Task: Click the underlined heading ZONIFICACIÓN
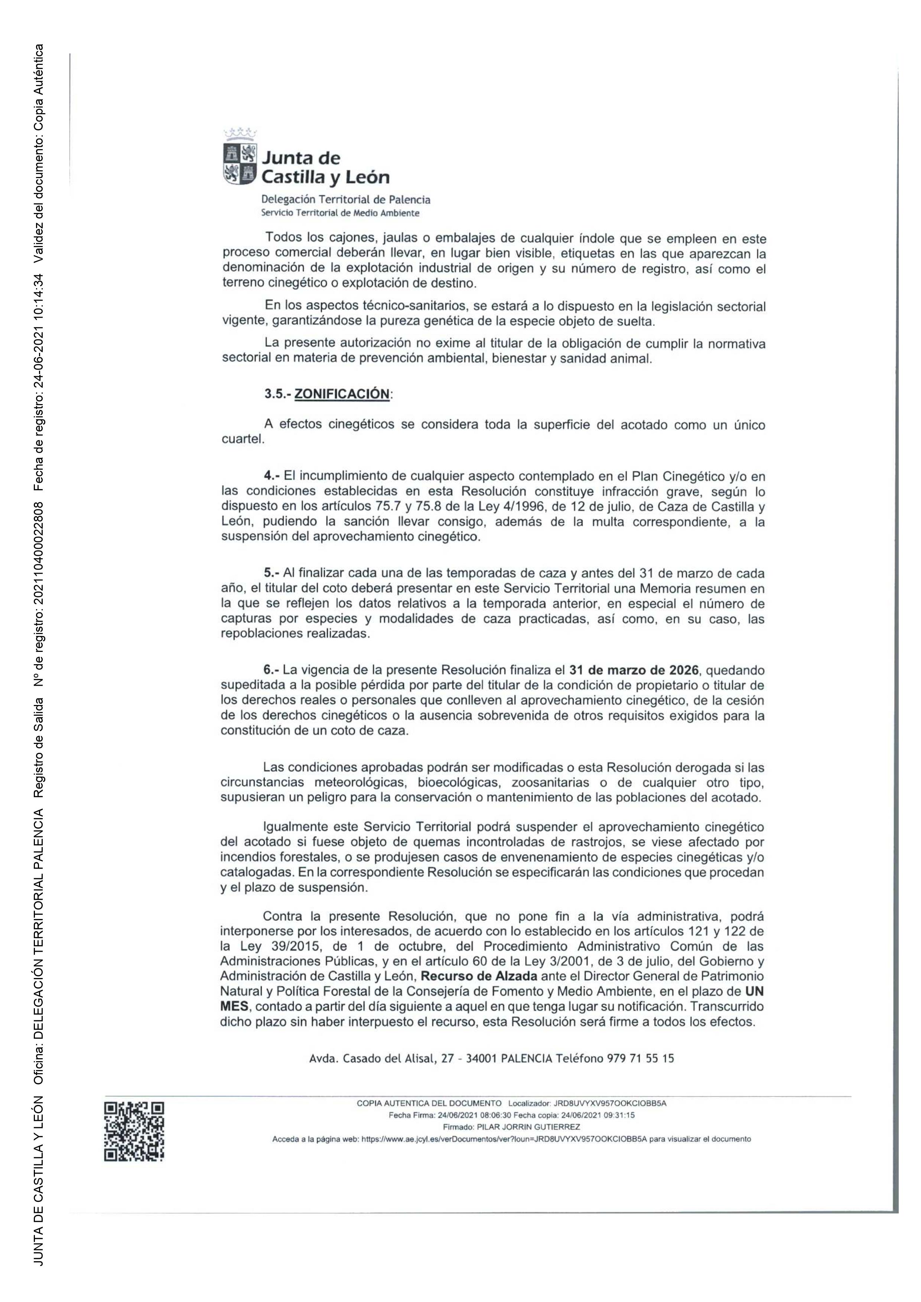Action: click(342, 394)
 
